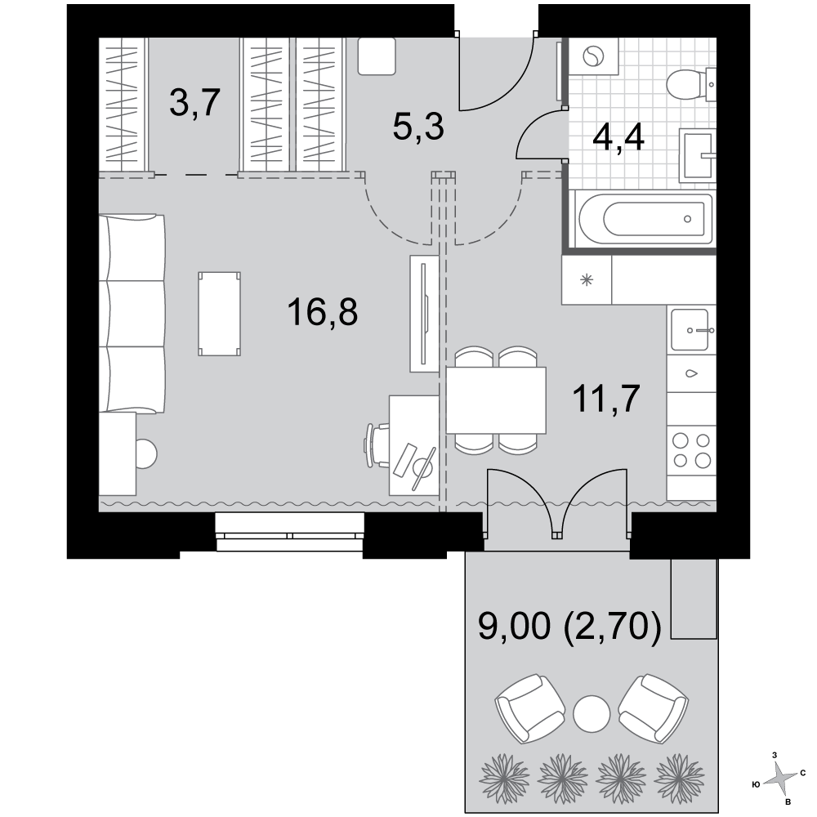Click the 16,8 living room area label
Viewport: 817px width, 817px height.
pyautogui.click(x=322, y=312)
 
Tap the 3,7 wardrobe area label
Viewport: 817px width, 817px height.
pyautogui.click(x=195, y=103)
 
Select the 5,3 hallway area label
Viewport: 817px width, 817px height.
pyautogui.click(x=417, y=127)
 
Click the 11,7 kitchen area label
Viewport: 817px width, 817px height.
pyautogui.click(x=606, y=399)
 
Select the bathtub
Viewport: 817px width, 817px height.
pyautogui.click(x=642, y=218)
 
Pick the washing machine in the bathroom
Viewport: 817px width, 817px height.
pyautogui.click(x=593, y=56)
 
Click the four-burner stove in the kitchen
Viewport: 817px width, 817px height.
pyautogui.click(x=691, y=450)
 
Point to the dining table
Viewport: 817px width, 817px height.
pyautogui.click(x=496, y=400)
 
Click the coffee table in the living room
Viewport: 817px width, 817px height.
pyautogui.click(x=219, y=314)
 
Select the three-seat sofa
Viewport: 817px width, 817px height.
pyautogui.click(x=132, y=314)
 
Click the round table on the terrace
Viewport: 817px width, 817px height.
pyautogui.click(x=592, y=714)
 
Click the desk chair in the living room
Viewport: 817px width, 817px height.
pyautogui.click(x=376, y=445)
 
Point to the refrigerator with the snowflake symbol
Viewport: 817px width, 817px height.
pyautogui.click(x=587, y=279)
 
